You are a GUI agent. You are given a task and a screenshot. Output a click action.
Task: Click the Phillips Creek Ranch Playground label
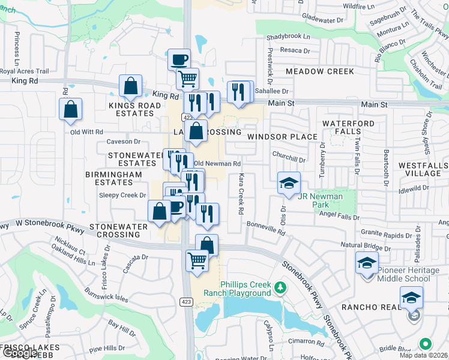click(237, 289)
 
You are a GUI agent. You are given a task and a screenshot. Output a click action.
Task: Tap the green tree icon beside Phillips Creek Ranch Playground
click(279, 289)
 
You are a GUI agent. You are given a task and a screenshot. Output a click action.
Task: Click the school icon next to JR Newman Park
click(289, 182)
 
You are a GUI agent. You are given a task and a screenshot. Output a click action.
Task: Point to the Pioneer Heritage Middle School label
click(408, 274)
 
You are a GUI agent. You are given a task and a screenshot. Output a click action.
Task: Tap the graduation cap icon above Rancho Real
click(411, 297)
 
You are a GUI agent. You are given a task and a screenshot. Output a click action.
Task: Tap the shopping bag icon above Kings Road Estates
click(130, 86)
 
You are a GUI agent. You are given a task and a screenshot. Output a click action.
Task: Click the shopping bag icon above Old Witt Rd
click(70, 109)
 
